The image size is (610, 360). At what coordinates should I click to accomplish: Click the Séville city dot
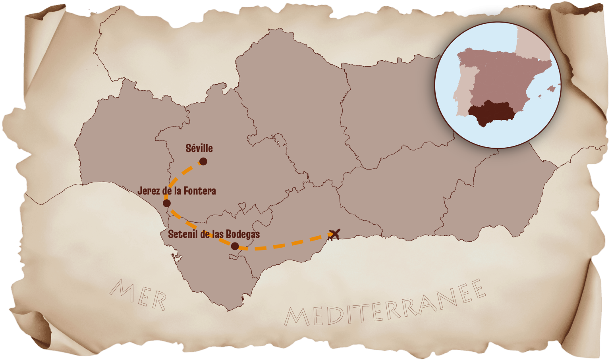[x=203, y=161]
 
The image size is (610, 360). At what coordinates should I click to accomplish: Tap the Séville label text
[x=199, y=148]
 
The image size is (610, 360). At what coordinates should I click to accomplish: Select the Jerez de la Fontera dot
[x=167, y=203]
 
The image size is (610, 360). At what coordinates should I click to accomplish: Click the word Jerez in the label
[x=147, y=191]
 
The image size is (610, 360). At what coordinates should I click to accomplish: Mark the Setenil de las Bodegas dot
[x=235, y=246]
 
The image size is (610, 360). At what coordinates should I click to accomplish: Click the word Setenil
[x=182, y=234]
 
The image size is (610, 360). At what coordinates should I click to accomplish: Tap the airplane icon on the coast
[x=334, y=235]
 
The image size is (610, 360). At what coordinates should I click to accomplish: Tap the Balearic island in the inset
[x=550, y=89]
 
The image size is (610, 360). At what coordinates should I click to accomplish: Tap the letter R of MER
[x=157, y=302]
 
